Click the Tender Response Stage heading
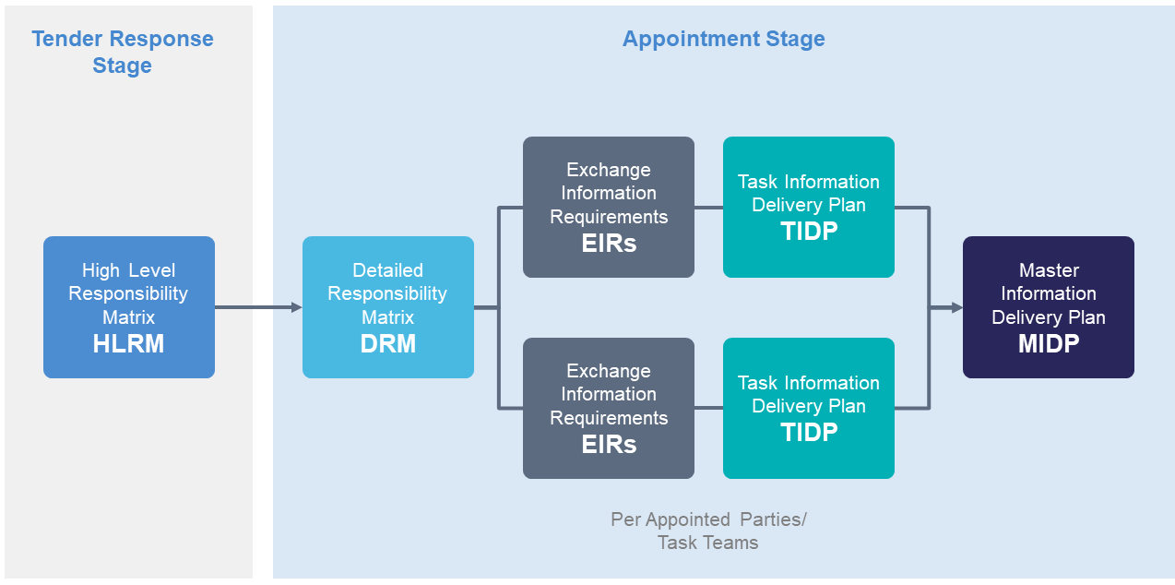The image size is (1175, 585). click(x=123, y=52)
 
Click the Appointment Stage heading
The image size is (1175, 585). click(x=723, y=39)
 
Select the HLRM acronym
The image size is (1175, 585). click(x=128, y=343)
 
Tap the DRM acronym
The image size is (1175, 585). click(x=387, y=343)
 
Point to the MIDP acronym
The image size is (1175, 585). click(x=1049, y=343)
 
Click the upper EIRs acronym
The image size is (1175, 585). click(x=609, y=243)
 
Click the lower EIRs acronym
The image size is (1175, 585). click(x=609, y=444)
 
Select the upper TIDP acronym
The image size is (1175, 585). click(x=809, y=231)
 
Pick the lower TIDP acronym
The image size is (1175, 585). click(x=809, y=433)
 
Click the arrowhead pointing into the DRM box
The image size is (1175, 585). click(x=297, y=307)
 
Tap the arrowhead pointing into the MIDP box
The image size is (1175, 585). click(x=957, y=307)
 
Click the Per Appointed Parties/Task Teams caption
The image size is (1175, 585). click(x=708, y=531)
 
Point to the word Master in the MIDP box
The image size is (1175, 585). click(x=1049, y=270)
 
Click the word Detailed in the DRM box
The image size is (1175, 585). click(x=387, y=270)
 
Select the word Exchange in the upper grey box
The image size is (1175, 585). click(x=609, y=170)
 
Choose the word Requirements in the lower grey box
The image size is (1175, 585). click(x=609, y=418)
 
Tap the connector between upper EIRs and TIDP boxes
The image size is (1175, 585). click(x=708, y=208)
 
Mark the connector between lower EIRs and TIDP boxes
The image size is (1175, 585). click(x=708, y=408)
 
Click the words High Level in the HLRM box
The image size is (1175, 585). click(x=128, y=270)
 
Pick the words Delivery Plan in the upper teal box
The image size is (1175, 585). click(x=809, y=205)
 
